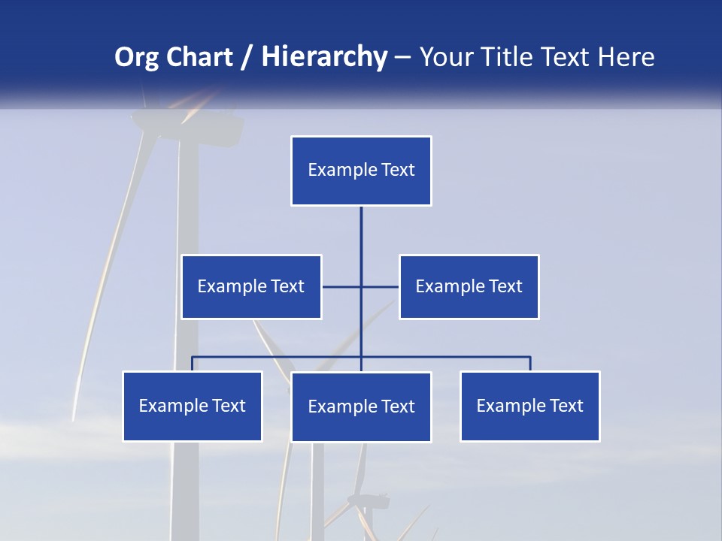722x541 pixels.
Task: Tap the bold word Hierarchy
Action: pyautogui.click(x=324, y=57)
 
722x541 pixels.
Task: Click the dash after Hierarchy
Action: pyautogui.click(x=402, y=57)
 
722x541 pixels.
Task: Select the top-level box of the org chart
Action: pyautogui.click(x=361, y=171)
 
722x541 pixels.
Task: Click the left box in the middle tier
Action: pyautogui.click(x=251, y=286)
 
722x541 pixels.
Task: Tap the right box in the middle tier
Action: pyautogui.click(x=469, y=286)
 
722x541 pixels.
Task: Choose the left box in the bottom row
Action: pyautogui.click(x=193, y=406)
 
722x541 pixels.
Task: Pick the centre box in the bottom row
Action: pyautogui.click(x=361, y=407)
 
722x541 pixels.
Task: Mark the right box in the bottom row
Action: pyautogui.click(x=529, y=406)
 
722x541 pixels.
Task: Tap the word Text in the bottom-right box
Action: pyautogui.click(x=566, y=406)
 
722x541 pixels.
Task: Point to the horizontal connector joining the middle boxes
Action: pyautogui.click(x=342, y=286)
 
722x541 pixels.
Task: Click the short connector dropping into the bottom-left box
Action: pyautogui.click(x=193, y=364)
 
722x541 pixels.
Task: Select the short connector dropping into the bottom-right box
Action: pyautogui.click(x=530, y=364)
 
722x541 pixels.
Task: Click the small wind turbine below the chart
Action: pyautogui.click(x=367, y=502)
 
